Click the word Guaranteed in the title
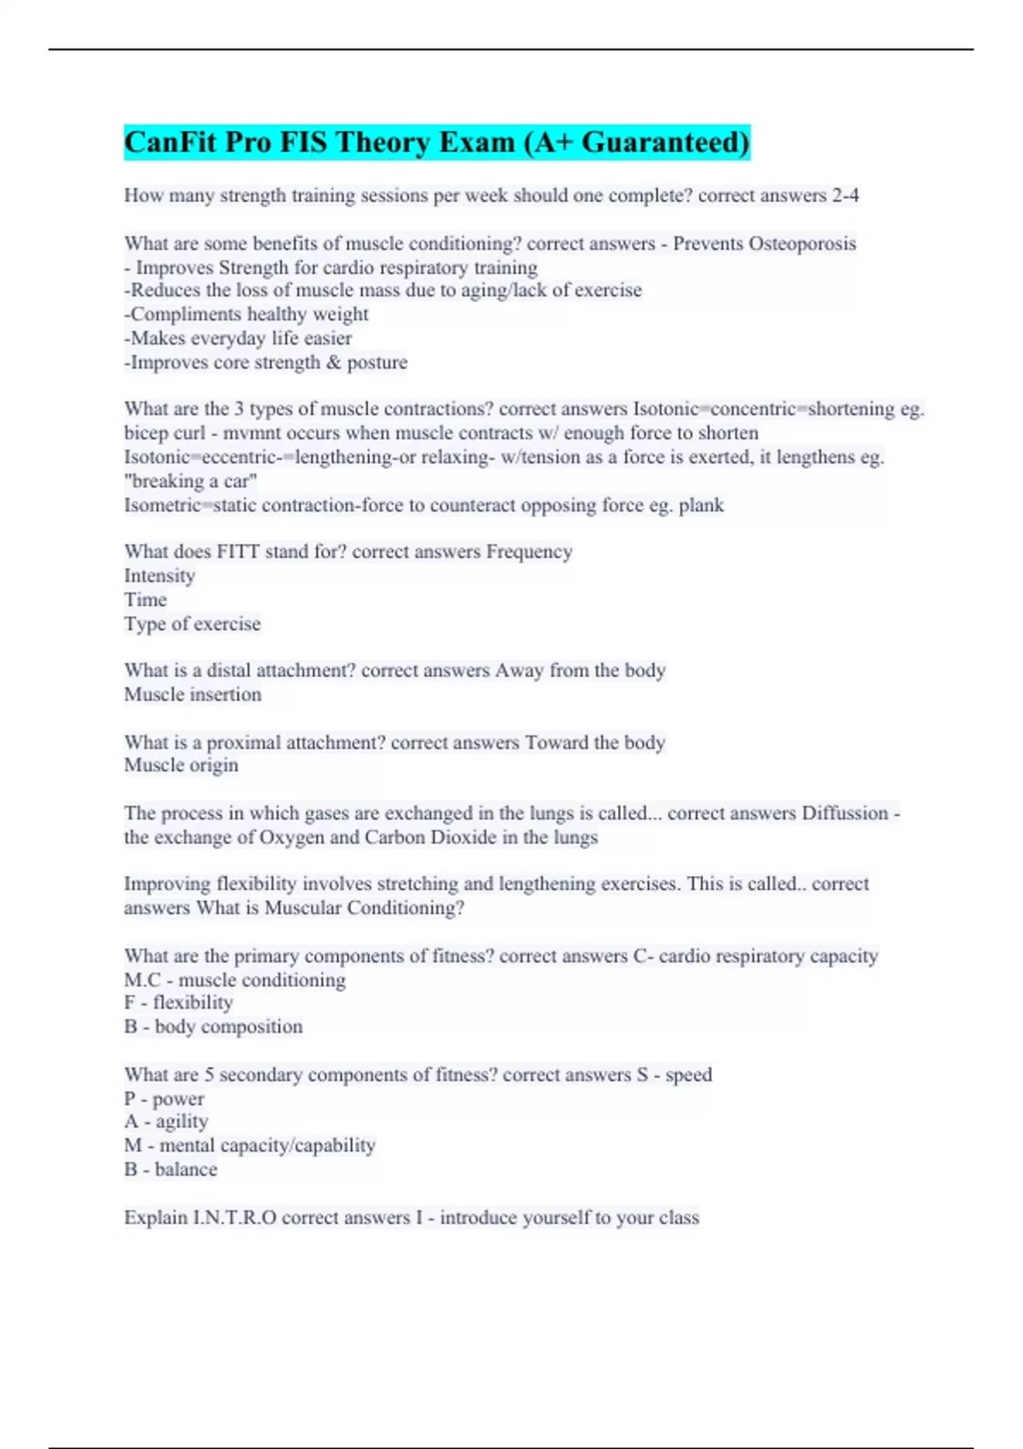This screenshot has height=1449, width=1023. pos(665,141)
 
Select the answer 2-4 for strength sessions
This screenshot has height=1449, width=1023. pos(845,195)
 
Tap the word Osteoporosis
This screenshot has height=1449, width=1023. pos(802,244)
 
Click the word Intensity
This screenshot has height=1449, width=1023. pos(159,576)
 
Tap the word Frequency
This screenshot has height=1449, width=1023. pos(529,551)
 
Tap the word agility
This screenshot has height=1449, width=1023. pos(182,1122)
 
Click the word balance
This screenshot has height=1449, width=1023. pos(186,1169)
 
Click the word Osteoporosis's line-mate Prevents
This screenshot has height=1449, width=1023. pos(708,244)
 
